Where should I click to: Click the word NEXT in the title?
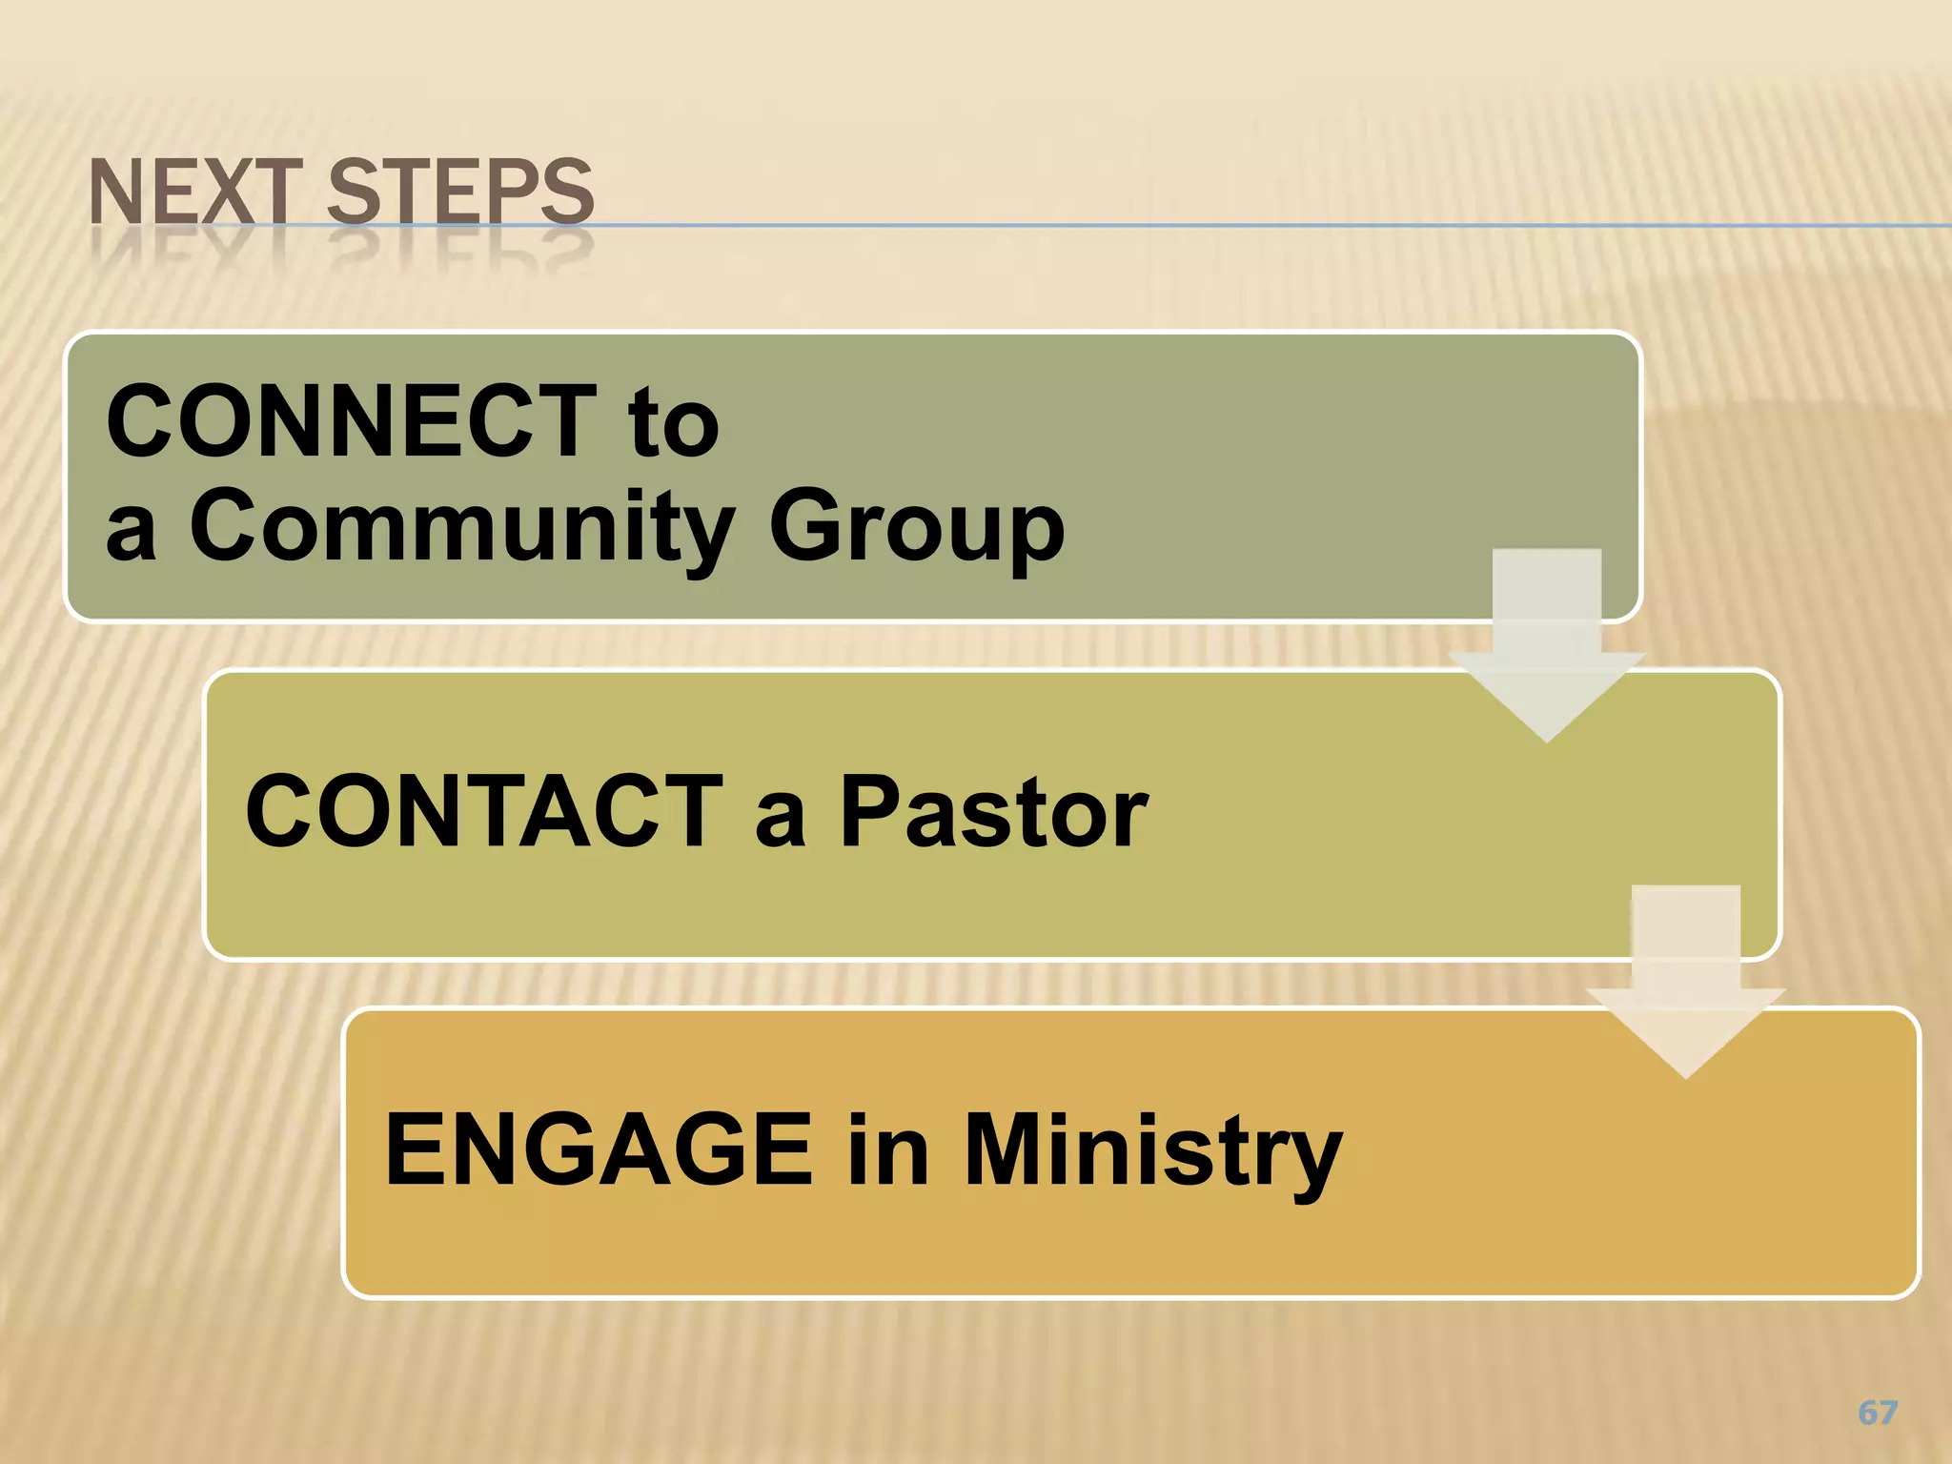click(x=195, y=193)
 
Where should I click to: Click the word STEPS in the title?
click(x=460, y=193)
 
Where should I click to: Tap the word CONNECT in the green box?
click(x=352, y=421)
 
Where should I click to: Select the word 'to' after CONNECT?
click(x=673, y=425)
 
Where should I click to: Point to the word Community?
click(x=463, y=527)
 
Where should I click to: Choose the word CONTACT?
click(x=484, y=811)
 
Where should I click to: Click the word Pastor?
click(x=993, y=813)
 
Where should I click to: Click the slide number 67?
click(x=1878, y=1413)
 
